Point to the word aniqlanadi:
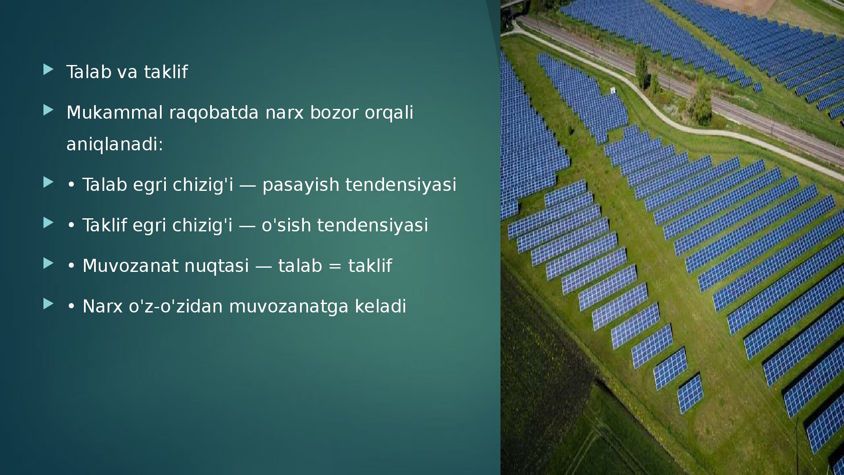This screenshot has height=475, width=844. (x=115, y=144)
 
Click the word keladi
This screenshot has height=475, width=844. (x=380, y=306)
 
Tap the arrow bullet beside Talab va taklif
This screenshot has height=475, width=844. (x=49, y=70)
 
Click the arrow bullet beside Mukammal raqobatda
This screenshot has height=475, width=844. (x=49, y=110)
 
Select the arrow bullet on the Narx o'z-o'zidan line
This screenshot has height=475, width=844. (x=49, y=304)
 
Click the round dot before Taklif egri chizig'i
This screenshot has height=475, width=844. (x=71, y=225)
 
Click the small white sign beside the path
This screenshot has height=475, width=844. (x=613, y=90)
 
